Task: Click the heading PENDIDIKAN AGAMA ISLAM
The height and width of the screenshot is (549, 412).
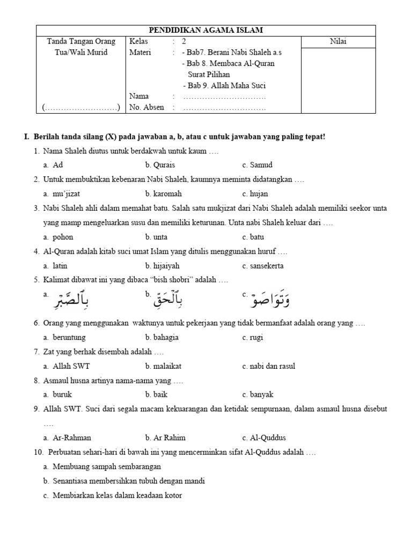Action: [x=206, y=30]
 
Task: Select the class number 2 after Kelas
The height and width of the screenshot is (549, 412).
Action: [x=184, y=41]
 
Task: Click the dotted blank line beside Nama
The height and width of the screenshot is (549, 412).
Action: [x=224, y=97]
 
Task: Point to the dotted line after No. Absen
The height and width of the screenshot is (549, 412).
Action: [x=224, y=108]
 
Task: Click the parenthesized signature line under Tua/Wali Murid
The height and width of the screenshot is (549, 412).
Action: [x=81, y=108]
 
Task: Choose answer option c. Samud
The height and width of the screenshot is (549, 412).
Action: [x=257, y=165]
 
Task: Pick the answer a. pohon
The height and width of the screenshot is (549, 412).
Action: [x=59, y=236]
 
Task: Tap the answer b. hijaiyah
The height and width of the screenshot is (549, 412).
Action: [x=162, y=265]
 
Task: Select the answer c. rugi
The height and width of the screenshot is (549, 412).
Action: [x=252, y=337]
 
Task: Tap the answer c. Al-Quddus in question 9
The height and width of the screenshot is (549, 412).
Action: [x=264, y=437]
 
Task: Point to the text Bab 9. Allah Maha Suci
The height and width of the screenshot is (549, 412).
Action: [x=224, y=85]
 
